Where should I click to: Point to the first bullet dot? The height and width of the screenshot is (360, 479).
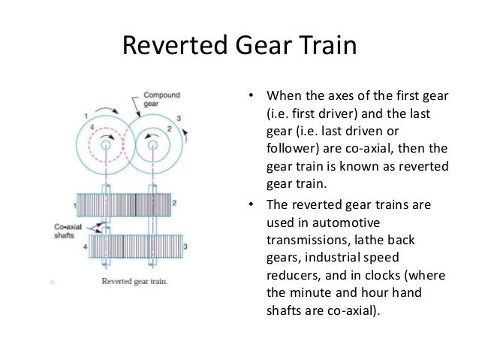[253, 97]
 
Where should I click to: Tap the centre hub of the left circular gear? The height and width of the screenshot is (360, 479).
[108, 143]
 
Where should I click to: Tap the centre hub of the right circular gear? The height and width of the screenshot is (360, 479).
[154, 143]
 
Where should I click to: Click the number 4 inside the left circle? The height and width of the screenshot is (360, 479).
[93, 129]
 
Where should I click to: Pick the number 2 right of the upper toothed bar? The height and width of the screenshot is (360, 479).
[176, 203]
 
